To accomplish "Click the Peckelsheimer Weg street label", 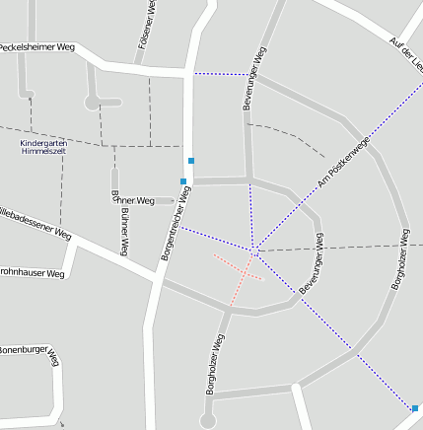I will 37,46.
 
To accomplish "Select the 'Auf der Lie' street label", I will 405,55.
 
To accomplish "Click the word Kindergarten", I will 43,143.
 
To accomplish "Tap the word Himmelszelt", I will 43,152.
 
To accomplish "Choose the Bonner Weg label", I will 132,200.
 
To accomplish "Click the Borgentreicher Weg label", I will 176,224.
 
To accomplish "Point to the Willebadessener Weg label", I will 35,224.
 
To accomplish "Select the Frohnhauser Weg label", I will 32,272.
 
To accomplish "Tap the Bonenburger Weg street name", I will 30,350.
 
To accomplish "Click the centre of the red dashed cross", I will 238,269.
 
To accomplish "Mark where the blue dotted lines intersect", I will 253,248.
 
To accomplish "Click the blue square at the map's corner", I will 415,408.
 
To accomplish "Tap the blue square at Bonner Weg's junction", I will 183,180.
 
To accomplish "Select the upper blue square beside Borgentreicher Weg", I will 191,160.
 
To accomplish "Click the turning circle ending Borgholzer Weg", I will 207,421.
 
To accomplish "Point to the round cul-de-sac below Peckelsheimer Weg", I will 93,102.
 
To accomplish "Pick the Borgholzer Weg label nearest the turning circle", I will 216,364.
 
